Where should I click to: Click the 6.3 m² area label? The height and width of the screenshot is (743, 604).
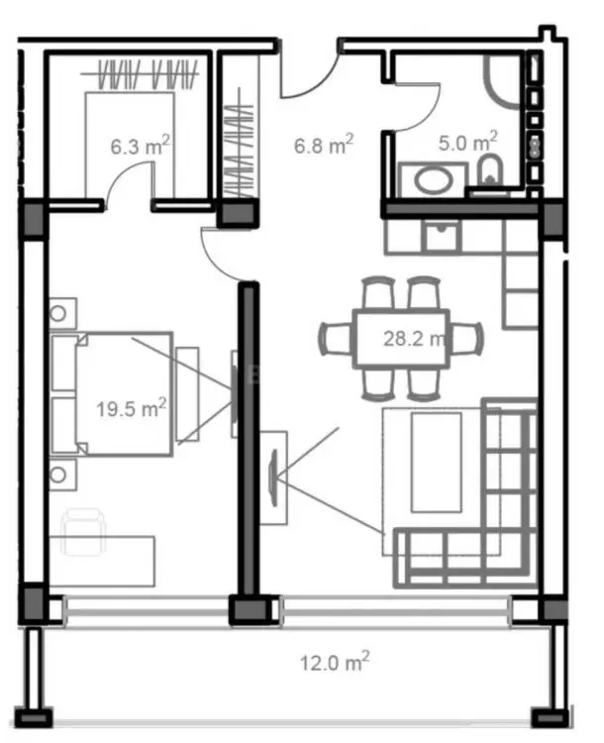141,145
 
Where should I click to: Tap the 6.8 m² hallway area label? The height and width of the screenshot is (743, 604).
324,144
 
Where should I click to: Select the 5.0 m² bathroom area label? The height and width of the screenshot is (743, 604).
467,142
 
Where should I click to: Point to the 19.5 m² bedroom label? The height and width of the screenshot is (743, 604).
132,407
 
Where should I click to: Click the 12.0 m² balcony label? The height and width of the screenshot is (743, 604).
335,662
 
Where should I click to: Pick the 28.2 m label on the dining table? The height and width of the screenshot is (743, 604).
414,339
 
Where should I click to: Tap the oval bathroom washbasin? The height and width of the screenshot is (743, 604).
433,179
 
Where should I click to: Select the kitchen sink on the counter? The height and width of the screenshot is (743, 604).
442,237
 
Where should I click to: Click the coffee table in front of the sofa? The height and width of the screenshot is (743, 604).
437,462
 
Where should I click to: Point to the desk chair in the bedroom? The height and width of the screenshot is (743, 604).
83,532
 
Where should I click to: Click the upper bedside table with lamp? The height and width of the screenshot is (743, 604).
62,313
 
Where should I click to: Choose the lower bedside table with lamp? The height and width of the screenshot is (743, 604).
62,475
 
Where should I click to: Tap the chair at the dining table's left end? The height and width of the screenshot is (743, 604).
336,339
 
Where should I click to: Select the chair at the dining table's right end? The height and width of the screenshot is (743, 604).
466,339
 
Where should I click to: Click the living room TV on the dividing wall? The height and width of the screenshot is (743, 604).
273,478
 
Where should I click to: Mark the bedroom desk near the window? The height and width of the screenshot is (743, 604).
102,562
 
